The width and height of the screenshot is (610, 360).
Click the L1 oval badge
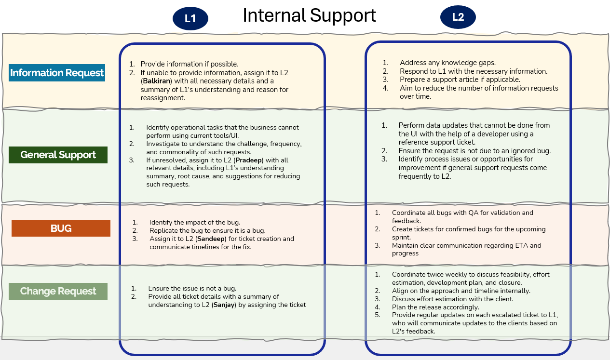[190, 19]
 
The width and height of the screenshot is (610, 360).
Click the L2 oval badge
[458, 17]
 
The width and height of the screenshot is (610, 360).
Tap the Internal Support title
[309, 15]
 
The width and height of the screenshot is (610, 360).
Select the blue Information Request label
[57, 73]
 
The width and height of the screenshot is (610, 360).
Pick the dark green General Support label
[58, 155]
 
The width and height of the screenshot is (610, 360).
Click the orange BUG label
[61, 228]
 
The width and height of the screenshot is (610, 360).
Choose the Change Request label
[58, 291]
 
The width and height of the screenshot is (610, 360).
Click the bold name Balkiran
[157, 81]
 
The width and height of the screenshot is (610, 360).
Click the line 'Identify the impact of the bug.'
[195, 222]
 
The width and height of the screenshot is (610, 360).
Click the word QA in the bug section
[474, 213]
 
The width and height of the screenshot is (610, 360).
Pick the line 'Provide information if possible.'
[190, 64]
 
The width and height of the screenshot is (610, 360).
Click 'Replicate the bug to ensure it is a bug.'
[207, 230]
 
